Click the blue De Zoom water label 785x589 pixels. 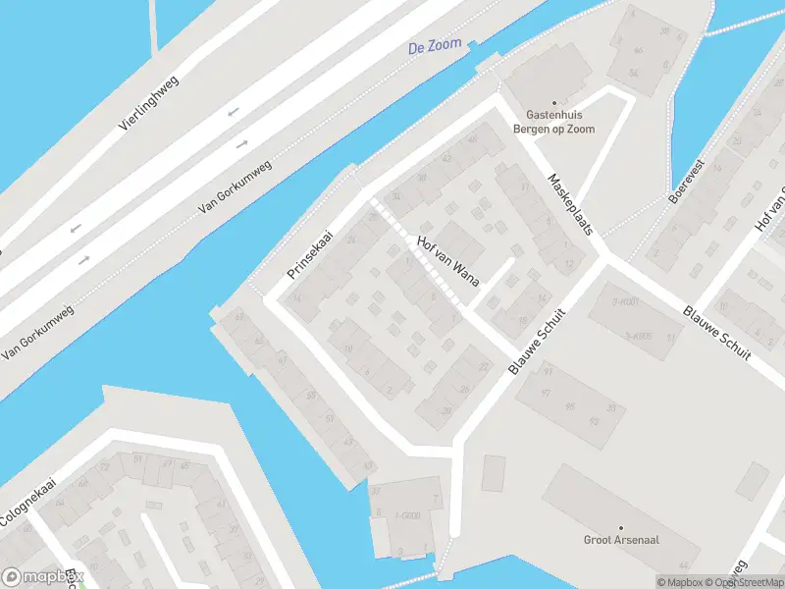[435, 46]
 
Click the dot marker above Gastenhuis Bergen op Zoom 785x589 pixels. [553, 102]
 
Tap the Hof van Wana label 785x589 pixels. [447, 263]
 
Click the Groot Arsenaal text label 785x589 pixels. [620, 540]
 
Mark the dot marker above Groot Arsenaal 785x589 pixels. [620, 527]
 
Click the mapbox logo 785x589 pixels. [41, 577]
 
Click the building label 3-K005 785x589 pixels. [638, 336]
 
